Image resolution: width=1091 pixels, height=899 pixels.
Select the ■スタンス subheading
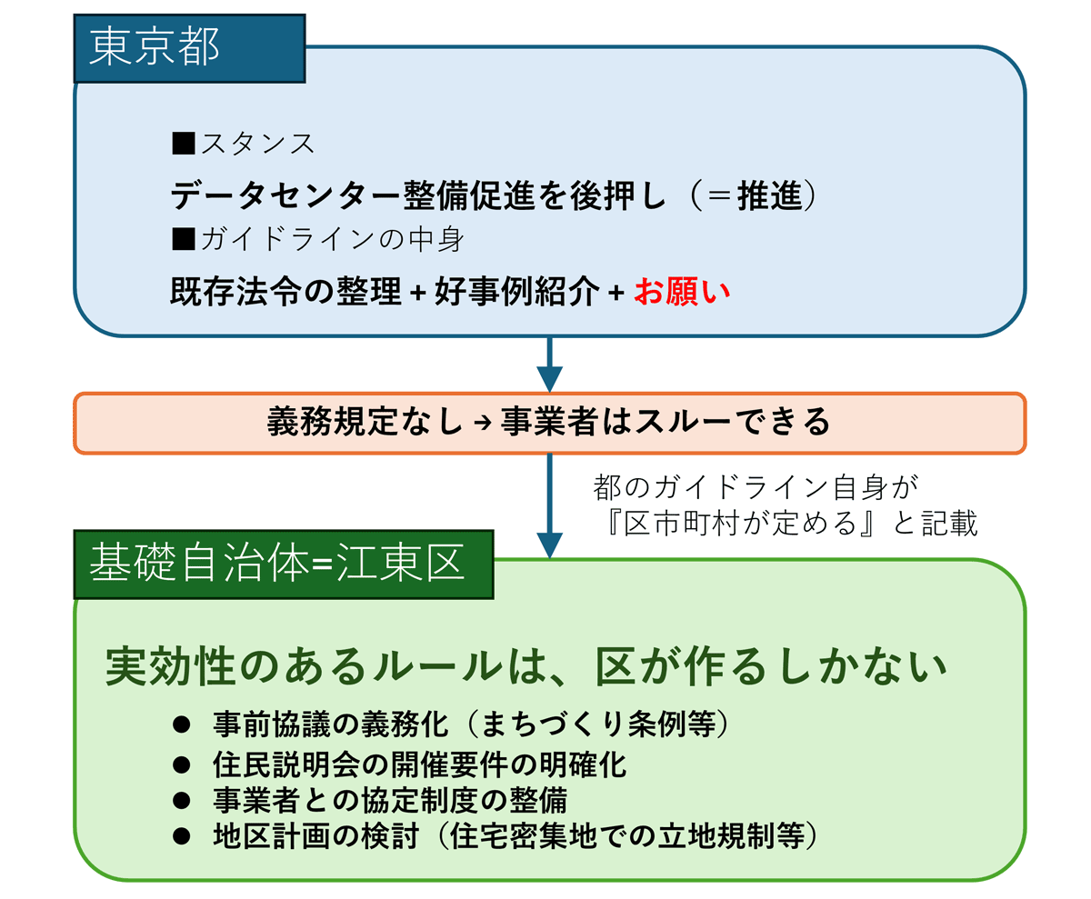(x=243, y=144)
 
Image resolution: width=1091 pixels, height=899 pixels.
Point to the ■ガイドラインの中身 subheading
(x=318, y=239)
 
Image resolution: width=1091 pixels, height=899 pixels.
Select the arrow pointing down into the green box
(x=549, y=509)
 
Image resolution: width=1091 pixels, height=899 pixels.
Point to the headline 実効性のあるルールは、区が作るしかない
(x=527, y=668)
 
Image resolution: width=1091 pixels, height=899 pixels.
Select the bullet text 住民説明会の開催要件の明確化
(x=418, y=763)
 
